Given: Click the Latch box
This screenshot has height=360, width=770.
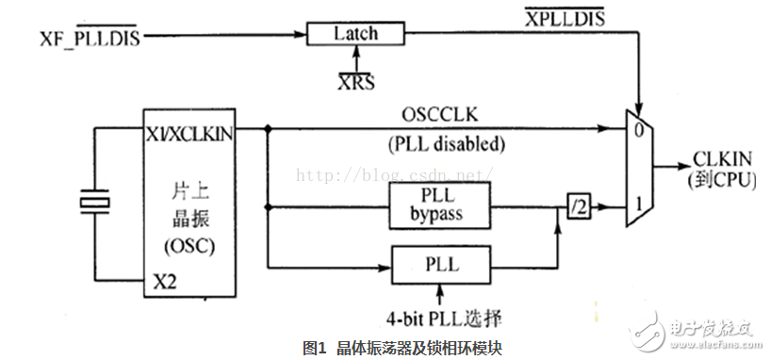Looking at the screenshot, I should click(x=355, y=34).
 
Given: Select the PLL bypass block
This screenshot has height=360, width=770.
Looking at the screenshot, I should click(x=439, y=205).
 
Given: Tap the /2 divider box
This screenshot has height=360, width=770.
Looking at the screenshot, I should click(x=579, y=205).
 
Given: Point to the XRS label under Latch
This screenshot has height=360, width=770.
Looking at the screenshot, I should click(x=355, y=81).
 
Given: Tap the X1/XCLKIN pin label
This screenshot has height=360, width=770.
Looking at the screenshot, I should click(x=188, y=134).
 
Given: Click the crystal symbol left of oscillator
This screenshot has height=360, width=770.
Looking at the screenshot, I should click(x=94, y=202).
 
